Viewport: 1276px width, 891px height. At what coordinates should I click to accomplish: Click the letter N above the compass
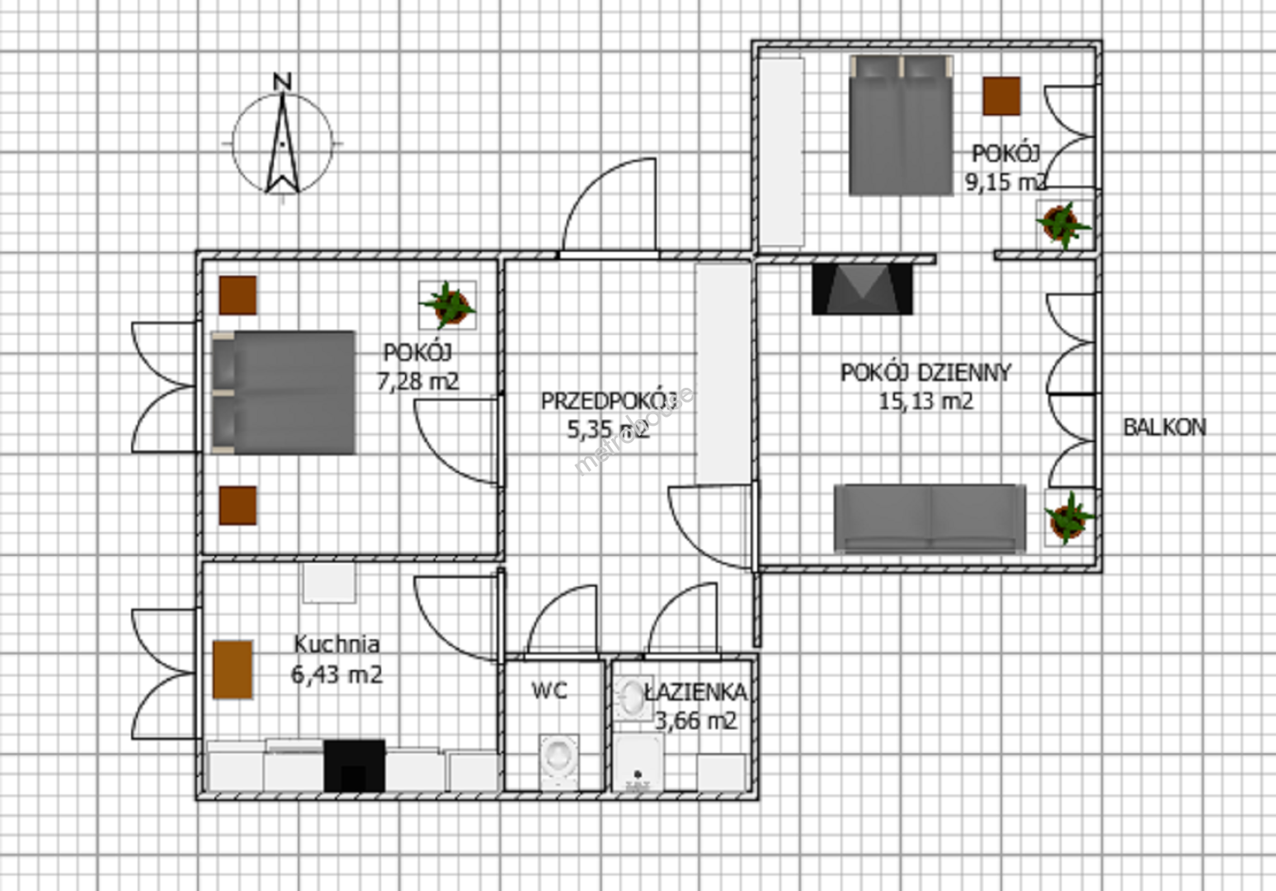[283, 82]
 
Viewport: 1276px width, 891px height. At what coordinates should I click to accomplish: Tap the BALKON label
[1165, 427]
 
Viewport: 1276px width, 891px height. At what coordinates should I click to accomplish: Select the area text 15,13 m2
[925, 402]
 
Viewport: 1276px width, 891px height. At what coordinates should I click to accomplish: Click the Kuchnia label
[337, 644]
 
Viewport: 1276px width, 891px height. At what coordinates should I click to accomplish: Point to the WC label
[549, 691]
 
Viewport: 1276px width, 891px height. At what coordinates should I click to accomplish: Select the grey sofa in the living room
[930, 518]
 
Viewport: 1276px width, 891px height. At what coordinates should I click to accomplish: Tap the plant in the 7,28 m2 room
[448, 305]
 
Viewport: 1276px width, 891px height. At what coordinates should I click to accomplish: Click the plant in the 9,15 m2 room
[1063, 224]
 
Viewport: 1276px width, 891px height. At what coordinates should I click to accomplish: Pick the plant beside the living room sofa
[1069, 517]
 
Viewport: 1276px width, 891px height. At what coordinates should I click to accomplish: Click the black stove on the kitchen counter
[355, 766]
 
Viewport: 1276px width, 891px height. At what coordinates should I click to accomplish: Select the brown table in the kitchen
[233, 669]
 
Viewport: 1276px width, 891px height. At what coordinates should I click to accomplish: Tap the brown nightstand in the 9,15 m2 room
[1001, 97]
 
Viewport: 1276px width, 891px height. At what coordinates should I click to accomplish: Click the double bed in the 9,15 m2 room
[902, 125]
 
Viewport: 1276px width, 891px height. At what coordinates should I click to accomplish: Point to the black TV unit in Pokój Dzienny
[863, 289]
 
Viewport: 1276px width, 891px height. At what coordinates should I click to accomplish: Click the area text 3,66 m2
[696, 721]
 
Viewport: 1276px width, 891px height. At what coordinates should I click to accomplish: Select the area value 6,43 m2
[337, 675]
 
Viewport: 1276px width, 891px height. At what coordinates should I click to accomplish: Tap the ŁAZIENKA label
[695, 692]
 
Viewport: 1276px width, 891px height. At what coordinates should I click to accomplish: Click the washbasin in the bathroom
[633, 699]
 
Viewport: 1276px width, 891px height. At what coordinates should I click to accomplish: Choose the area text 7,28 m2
[417, 382]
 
